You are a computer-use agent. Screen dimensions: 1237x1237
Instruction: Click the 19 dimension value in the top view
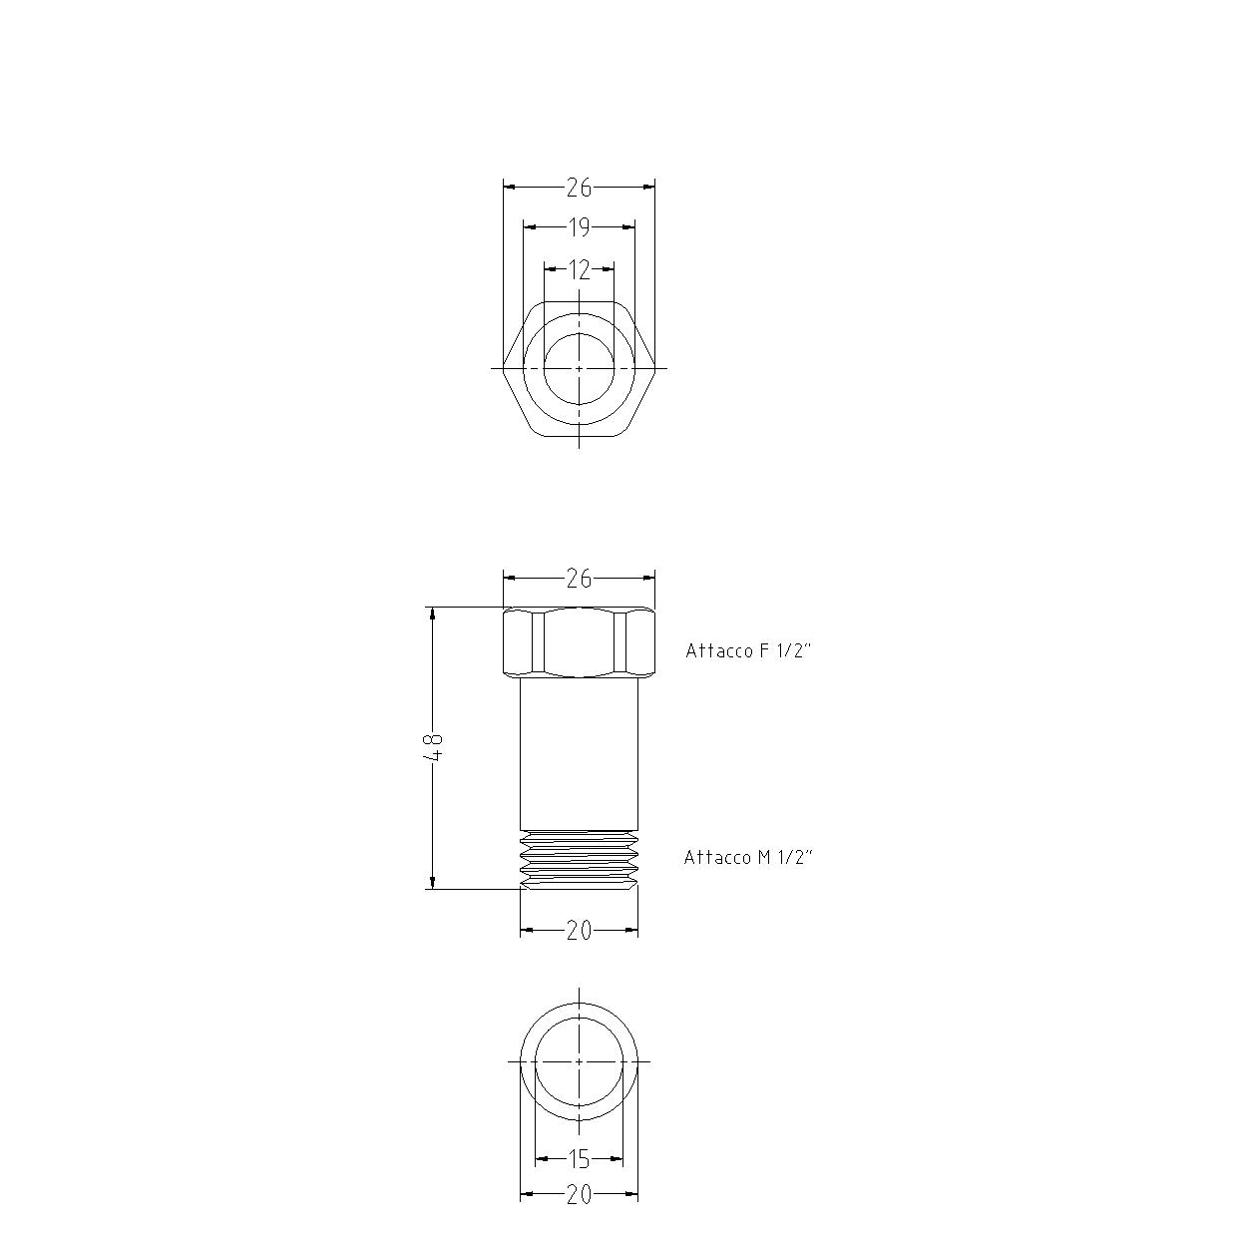579,227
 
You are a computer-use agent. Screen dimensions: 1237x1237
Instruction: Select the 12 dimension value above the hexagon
579,270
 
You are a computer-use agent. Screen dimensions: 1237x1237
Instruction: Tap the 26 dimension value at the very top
579,188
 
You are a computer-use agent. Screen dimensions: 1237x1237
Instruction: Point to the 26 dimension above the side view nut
579,579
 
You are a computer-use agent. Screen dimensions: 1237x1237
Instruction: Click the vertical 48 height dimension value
434,747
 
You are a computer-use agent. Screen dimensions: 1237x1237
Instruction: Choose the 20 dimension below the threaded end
579,931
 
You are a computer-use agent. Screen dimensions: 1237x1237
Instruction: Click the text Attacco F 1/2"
748,650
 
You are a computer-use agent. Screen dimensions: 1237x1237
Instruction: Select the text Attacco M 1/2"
748,858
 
